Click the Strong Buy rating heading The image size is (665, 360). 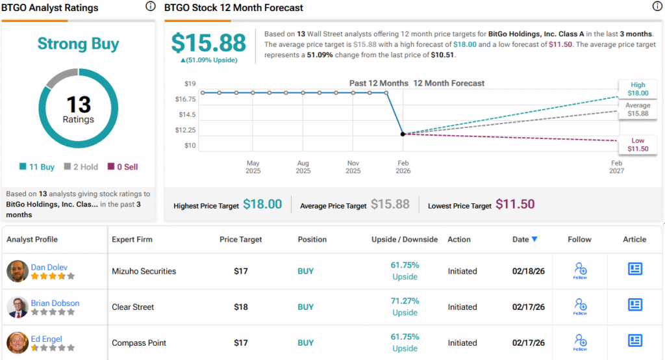(78, 44)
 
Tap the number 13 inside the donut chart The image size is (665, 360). (78, 104)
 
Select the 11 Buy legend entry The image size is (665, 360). (37, 167)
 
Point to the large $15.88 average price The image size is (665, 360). (208, 43)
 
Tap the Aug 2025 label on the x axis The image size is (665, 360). (303, 167)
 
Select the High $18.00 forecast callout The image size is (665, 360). (638, 89)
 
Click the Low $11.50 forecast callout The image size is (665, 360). (638, 145)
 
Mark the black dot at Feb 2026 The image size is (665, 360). (403, 134)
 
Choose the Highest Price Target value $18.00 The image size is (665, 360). (262, 204)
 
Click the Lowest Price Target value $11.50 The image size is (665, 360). (515, 204)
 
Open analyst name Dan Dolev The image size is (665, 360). (49, 266)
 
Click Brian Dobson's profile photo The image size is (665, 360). (18, 307)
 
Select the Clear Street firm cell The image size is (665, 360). (133, 307)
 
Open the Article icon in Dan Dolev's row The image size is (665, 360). (634, 269)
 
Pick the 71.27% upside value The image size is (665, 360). (405, 301)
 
